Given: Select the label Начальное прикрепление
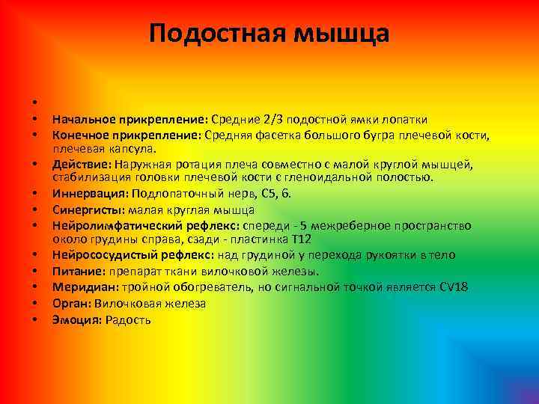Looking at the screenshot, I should (130, 120).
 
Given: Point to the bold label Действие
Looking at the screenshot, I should (81, 163).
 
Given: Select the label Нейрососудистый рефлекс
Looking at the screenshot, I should (133, 255).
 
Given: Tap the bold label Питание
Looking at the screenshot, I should (77, 271).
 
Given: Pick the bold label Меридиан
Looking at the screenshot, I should (82, 287).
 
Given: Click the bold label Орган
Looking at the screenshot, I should (70, 304).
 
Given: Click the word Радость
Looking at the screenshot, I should (128, 320).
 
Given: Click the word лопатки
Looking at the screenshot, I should (406, 120).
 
